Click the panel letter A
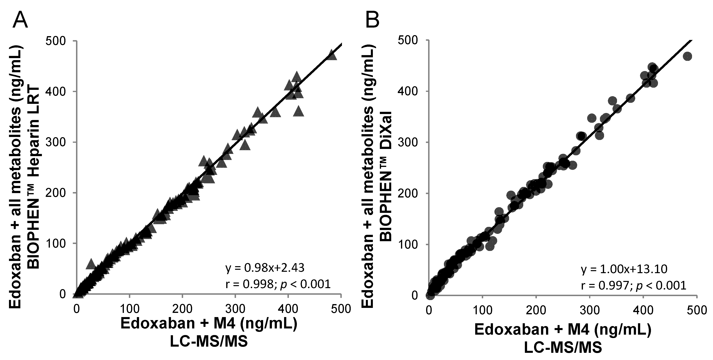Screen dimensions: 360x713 (x=20, y=20)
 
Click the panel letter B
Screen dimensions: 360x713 (x=372, y=20)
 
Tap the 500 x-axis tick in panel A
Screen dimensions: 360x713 (x=341, y=308)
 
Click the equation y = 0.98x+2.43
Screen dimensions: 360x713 (x=265, y=268)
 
